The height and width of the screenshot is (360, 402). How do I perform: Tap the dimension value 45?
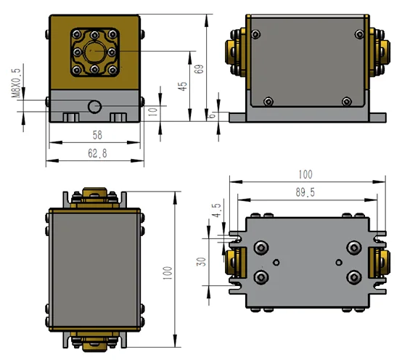pos(184,85)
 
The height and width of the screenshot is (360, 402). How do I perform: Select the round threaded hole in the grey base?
pos(94,107)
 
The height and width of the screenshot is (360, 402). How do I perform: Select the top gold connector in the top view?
pos(94,196)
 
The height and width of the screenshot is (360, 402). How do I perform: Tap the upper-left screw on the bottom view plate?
pos(261,249)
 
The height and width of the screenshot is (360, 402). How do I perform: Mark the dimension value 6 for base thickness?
pos(213,115)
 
